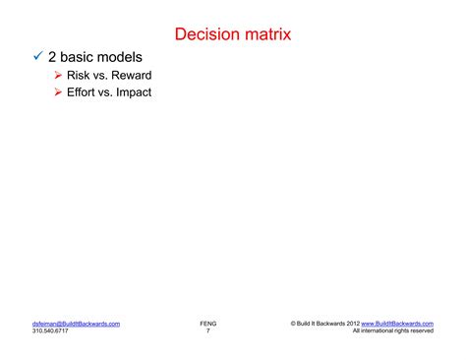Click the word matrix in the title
click(266, 34)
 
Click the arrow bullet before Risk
click(59, 76)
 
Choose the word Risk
click(80, 76)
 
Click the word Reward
click(131, 76)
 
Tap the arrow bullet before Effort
click(59, 93)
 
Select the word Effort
click(84, 93)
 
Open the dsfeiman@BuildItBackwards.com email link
click(76, 323)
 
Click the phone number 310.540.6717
click(50, 330)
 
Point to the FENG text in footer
click(207, 323)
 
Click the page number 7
click(207, 330)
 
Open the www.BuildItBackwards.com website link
click(397, 323)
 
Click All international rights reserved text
click(392, 330)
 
